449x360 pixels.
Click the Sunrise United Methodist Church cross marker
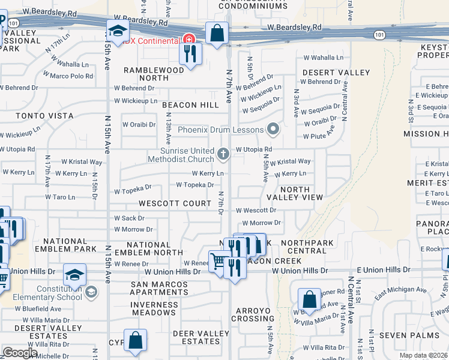point(223,154)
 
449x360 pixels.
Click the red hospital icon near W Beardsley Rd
point(189,40)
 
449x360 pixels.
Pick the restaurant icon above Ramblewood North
point(191,55)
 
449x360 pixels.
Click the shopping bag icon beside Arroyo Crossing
point(309,298)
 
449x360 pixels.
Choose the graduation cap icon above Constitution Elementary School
point(74,275)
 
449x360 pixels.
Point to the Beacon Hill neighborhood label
point(190,105)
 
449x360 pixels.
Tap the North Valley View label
point(295,193)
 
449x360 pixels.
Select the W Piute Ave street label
point(319,136)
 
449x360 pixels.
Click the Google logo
point(20,353)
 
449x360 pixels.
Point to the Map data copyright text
point(424,355)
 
